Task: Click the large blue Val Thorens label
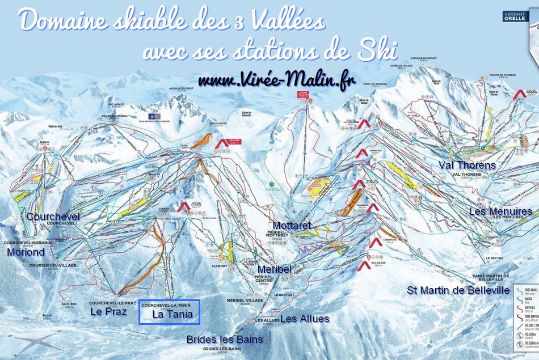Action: (x=467, y=166)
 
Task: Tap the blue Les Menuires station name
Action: (x=500, y=211)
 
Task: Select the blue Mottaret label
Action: (x=292, y=226)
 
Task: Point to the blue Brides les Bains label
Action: (x=225, y=340)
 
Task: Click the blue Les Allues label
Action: (x=304, y=319)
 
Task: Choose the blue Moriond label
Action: (x=26, y=252)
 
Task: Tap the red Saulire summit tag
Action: (x=223, y=145)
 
